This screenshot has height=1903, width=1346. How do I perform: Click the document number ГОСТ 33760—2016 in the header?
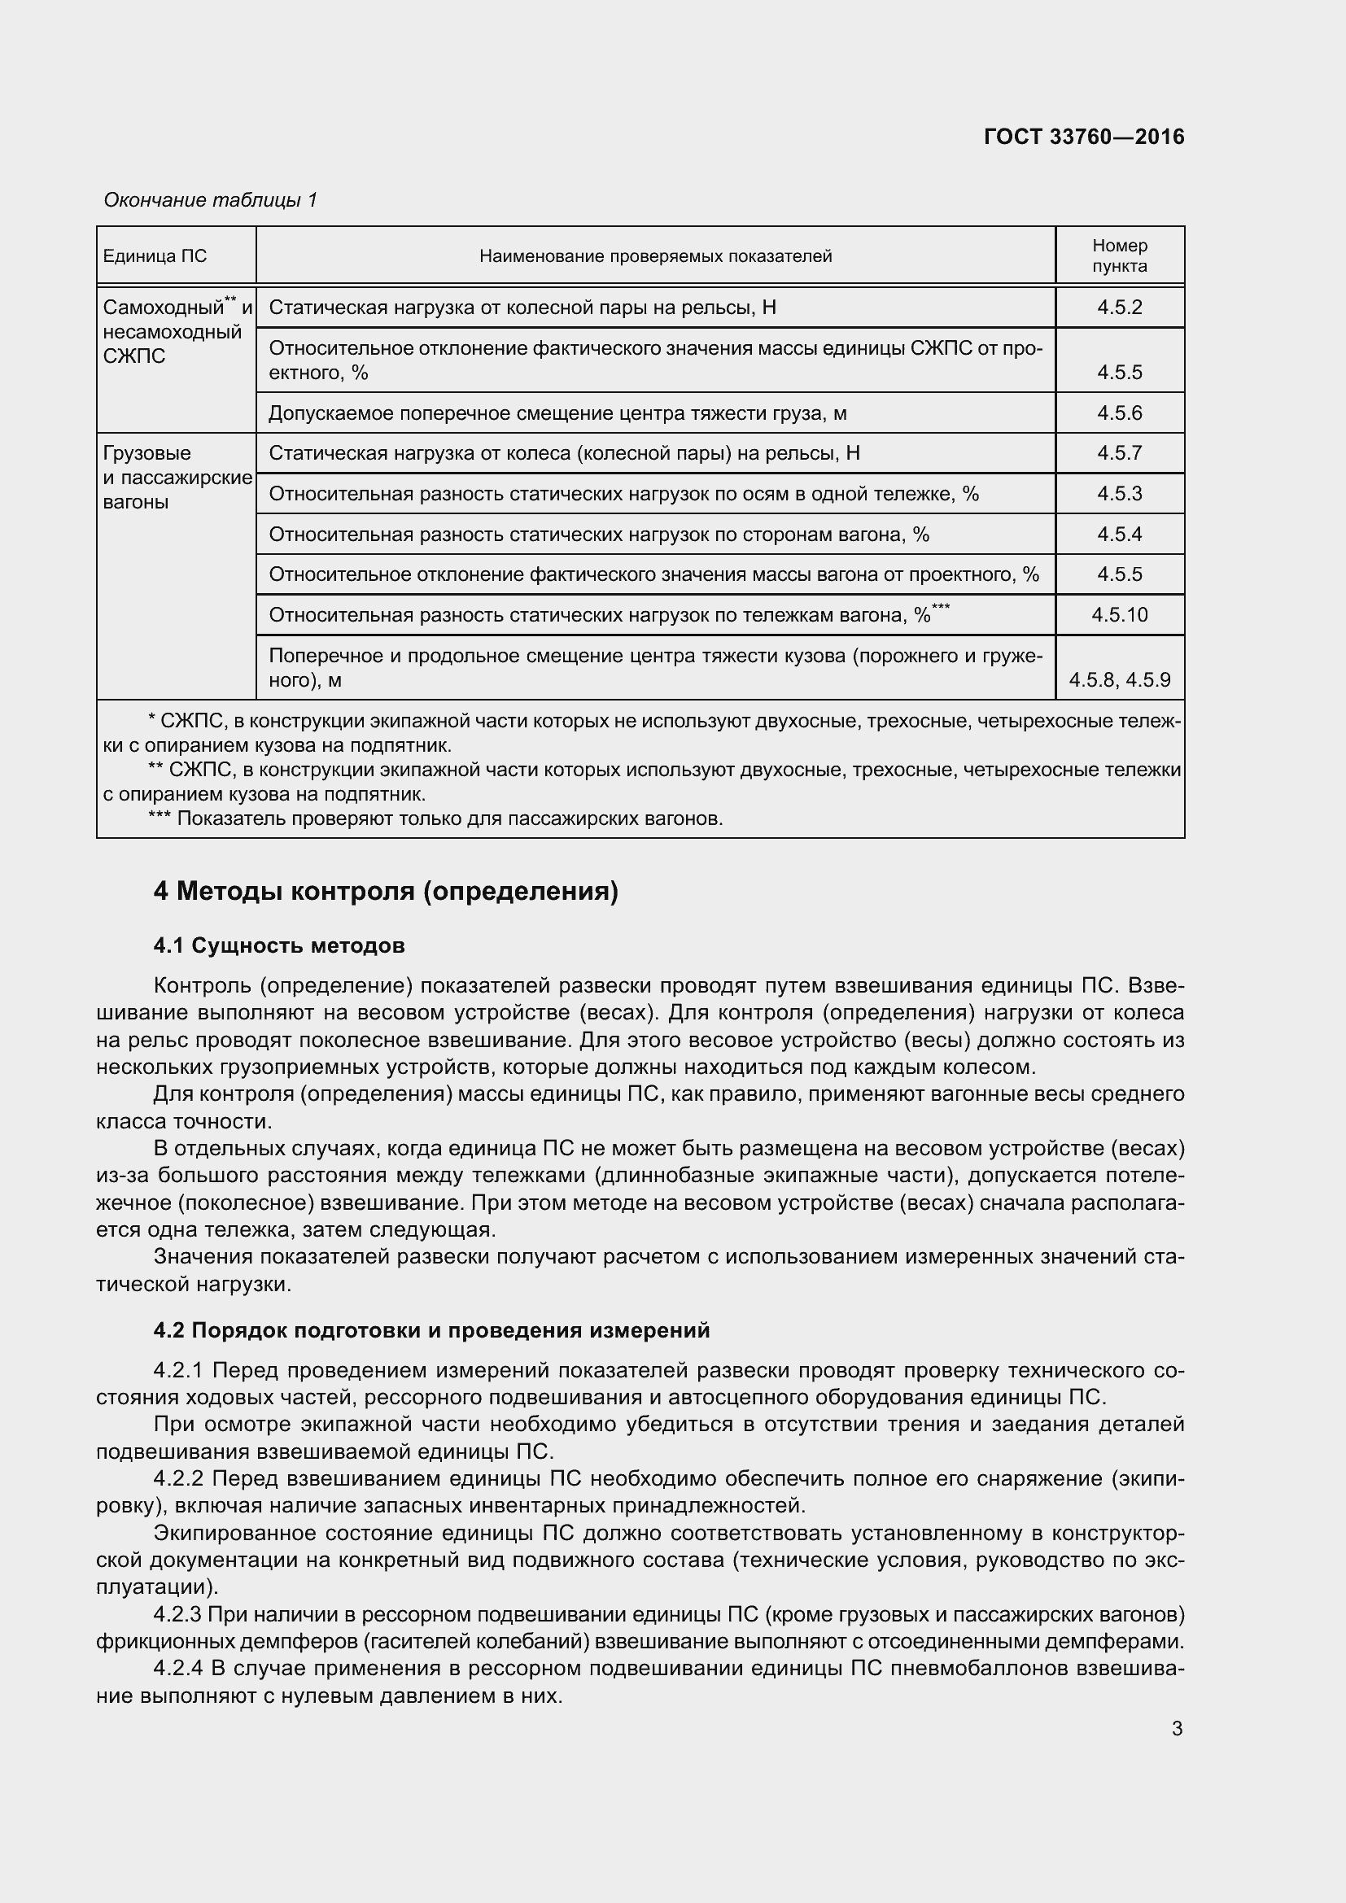[1083, 137]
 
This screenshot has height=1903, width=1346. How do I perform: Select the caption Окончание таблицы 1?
[211, 200]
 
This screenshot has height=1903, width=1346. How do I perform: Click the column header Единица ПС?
[155, 256]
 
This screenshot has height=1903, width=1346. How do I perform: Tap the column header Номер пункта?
[1119, 255]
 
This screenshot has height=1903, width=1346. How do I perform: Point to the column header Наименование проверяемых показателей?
[655, 256]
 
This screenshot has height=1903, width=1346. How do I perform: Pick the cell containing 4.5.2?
[1119, 308]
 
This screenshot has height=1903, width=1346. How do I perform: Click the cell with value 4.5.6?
[1119, 412]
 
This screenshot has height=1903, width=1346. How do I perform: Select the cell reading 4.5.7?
[1119, 452]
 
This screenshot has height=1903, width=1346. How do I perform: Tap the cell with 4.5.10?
[1119, 615]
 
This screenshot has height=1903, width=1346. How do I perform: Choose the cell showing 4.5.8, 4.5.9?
[1119, 680]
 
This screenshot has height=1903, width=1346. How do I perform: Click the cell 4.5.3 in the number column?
[1119, 494]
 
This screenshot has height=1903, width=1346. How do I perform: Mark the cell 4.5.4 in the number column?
[1119, 535]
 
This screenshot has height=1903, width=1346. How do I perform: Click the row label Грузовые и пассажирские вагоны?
[177, 478]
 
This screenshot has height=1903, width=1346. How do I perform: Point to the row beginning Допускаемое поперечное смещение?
[557, 412]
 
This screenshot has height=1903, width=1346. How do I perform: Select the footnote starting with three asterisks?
[435, 819]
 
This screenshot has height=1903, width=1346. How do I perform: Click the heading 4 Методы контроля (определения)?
[386, 892]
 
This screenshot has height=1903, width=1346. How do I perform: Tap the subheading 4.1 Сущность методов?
[279, 945]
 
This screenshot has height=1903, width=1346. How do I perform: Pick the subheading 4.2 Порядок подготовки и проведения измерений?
[431, 1330]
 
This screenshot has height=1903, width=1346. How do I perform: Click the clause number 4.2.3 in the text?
[177, 1614]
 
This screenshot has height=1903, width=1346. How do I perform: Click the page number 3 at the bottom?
[1177, 1729]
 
